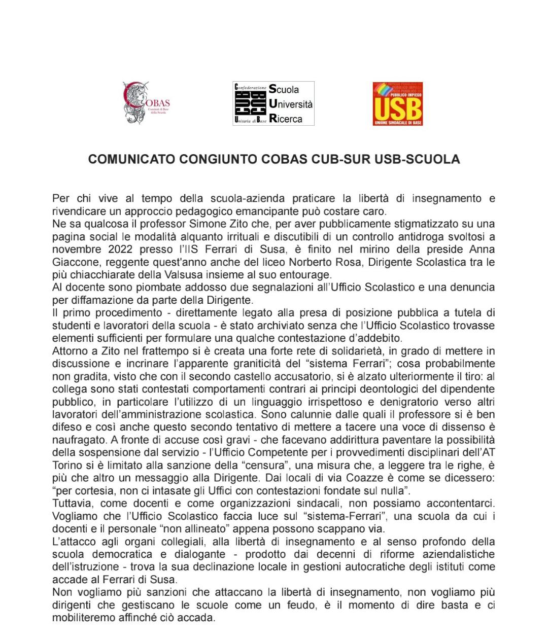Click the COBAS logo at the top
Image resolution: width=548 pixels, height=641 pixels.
tap(146, 103)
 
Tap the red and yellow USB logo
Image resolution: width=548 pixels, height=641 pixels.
tap(397, 104)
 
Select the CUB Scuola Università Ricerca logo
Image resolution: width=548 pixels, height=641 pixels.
tap(273, 103)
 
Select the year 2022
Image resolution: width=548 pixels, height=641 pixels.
tap(120, 249)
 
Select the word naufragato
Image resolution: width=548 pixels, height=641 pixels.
tap(77, 440)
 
